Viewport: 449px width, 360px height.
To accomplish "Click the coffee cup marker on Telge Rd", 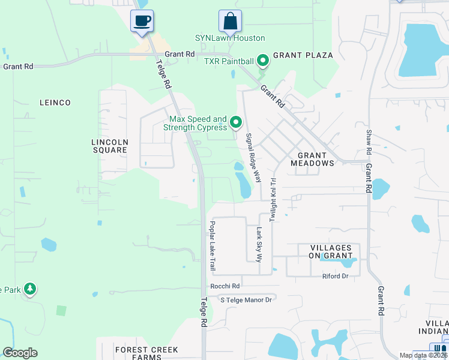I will click(142, 22).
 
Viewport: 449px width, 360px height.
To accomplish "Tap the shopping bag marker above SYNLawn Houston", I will click(230, 22).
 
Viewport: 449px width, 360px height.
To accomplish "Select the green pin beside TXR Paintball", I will click(262, 61).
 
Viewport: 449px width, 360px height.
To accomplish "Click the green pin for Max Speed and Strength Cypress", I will click(237, 122).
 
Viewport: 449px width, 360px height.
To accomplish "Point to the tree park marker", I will click(29, 290).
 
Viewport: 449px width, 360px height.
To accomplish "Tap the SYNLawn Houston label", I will click(230, 38).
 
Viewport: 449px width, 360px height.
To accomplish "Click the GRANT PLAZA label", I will click(303, 55).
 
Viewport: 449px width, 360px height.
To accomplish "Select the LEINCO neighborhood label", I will click(55, 103).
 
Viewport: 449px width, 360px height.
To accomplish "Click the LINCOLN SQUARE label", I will click(109, 146).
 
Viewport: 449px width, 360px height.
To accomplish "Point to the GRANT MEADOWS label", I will click(312, 158).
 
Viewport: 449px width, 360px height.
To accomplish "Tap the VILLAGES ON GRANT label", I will click(331, 251).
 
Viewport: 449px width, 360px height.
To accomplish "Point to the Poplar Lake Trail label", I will click(212, 245).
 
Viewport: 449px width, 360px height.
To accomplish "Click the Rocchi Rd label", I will click(224, 286).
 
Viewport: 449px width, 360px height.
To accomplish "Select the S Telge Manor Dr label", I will click(247, 299).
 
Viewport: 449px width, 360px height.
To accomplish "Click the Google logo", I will click(20, 353).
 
